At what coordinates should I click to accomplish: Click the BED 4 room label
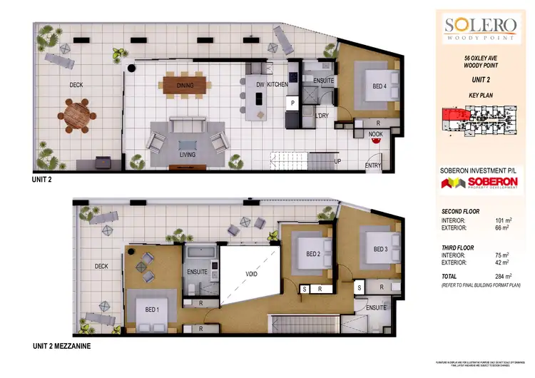(379, 86)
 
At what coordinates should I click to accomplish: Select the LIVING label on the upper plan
(188, 153)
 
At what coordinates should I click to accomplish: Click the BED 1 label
(153, 310)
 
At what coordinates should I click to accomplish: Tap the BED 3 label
(380, 249)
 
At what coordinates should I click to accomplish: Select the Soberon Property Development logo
(479, 184)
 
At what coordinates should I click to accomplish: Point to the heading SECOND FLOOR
(460, 212)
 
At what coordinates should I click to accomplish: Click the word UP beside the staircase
(337, 160)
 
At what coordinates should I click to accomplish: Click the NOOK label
(375, 133)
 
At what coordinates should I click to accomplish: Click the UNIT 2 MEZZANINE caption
(61, 346)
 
